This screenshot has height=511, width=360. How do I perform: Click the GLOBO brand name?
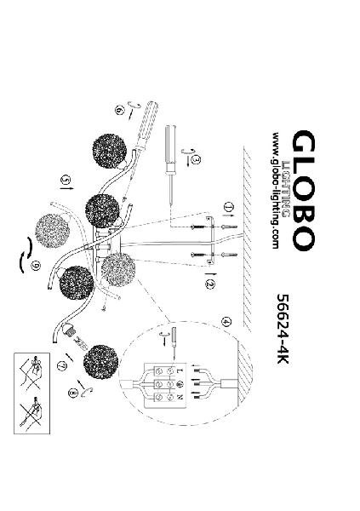(304, 190)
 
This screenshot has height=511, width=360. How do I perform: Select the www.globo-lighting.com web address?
(275, 190)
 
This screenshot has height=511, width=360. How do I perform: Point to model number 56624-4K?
(283, 329)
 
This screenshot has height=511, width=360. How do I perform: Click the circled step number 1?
(229, 207)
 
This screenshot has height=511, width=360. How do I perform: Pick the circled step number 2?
(210, 284)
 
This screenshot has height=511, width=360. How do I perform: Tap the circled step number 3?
(196, 160)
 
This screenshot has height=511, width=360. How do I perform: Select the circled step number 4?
(226, 322)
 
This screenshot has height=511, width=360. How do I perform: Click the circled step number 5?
(66, 180)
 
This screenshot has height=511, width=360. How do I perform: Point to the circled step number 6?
(119, 111)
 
